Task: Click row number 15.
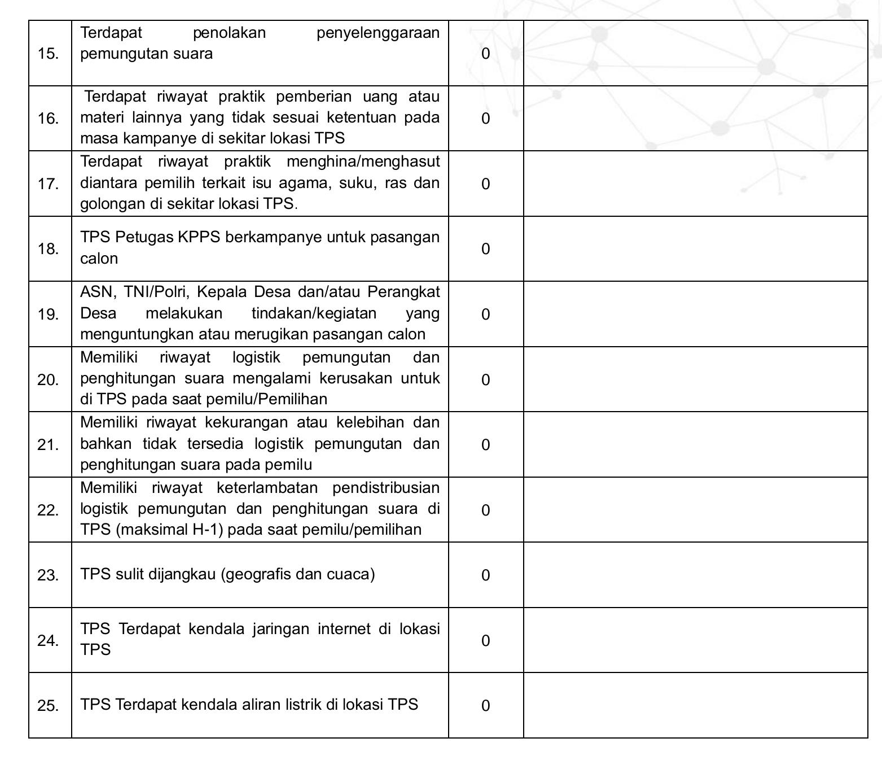[48, 54]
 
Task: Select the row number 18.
[48, 249]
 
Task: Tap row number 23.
[48, 575]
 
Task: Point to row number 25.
[48, 706]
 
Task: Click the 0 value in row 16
[485, 119]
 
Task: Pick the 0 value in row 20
[485, 380]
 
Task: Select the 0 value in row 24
[485, 641]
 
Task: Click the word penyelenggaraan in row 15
[378, 33]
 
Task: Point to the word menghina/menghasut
[363, 162]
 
